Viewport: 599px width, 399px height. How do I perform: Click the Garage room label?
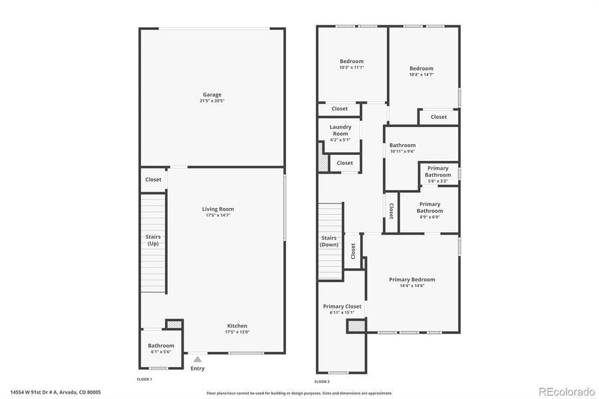(212, 94)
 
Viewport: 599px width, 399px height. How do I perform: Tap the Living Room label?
(218, 209)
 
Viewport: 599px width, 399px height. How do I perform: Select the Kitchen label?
(237, 326)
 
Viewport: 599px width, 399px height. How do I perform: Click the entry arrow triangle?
(197, 359)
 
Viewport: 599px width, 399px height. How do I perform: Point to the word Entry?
(197, 368)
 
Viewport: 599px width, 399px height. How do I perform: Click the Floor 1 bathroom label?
(161, 345)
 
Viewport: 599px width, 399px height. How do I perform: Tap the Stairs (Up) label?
(153, 240)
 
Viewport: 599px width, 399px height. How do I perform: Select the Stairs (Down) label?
(330, 241)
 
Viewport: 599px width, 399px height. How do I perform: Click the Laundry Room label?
(340, 130)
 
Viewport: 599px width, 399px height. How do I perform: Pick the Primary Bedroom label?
(412, 279)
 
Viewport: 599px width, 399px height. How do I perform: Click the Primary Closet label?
(342, 307)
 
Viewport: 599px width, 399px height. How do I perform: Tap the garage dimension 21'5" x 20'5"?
(212, 101)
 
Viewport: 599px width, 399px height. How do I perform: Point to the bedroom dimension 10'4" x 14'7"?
(421, 74)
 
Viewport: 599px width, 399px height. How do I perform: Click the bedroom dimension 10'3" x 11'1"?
(352, 67)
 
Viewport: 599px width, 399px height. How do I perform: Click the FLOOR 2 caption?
(322, 382)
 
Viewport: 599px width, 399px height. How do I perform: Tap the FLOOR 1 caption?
(144, 379)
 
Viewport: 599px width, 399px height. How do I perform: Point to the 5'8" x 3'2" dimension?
(437, 180)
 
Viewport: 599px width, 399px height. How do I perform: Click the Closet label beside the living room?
(153, 180)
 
